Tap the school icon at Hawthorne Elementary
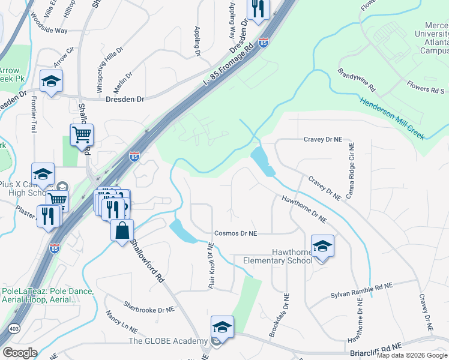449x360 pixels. pos(322,246)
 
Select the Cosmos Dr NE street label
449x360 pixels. pos(235,233)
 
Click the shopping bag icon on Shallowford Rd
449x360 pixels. pos(122,230)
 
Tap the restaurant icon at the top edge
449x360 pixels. pos(258,9)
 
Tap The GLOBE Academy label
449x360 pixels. pos(168,341)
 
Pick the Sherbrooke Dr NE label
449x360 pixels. pos(148,307)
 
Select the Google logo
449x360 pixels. pos(20,353)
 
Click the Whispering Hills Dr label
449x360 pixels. pos(110,60)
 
